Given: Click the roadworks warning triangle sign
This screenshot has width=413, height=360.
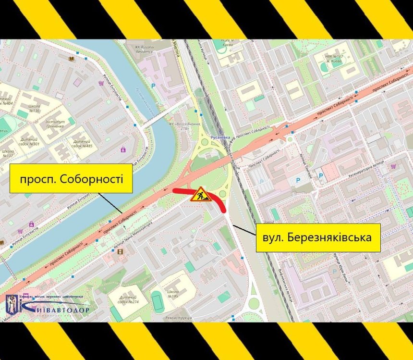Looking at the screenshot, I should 199,194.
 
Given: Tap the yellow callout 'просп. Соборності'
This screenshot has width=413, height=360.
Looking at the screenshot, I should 71,179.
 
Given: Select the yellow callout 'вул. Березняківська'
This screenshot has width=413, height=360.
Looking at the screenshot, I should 318,237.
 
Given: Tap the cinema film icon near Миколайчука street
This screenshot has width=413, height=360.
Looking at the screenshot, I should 120,251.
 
